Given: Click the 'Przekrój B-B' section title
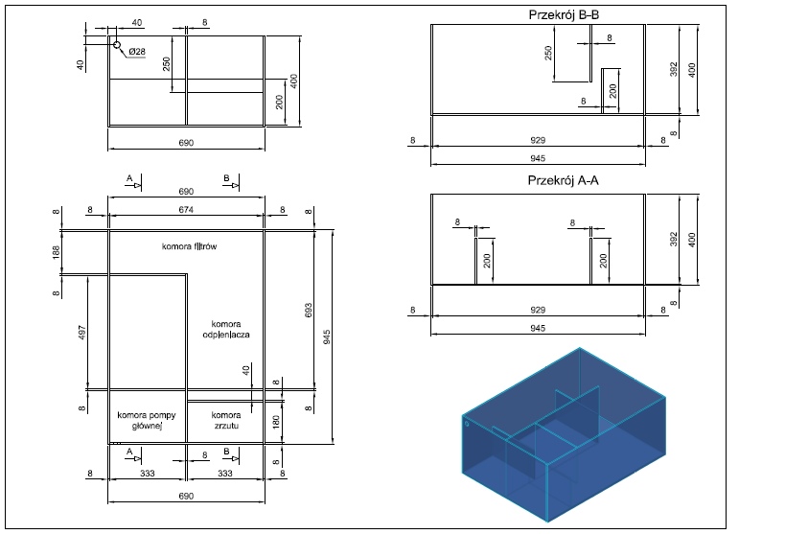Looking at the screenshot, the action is pos(564,15).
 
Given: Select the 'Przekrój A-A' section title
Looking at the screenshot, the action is pos(564,180).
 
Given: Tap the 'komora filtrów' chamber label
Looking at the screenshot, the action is pos(189,246).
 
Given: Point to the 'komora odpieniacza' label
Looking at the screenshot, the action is pos(226,329).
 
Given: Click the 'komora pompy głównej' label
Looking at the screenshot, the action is pos(147,421).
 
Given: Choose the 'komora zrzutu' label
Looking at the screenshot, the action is pos(226,420).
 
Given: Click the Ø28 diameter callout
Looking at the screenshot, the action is pos(137,52).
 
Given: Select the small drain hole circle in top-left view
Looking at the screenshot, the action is pos(117,45).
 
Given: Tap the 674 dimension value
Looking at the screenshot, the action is pos(186,210).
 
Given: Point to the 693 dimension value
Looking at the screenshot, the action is pos(309,310).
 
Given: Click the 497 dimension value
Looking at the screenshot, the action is pos(82,333).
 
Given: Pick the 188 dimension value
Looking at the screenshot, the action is pos(56,251).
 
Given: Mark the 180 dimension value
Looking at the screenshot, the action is pos(276,422).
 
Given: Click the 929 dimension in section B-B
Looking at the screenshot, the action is pos(538,141).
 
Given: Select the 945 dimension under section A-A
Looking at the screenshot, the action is pos(538,329).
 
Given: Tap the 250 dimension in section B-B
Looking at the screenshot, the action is pos(548,53).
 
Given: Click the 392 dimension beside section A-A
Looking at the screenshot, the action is pos(674,239).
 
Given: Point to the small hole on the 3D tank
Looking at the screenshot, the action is pos(467,425).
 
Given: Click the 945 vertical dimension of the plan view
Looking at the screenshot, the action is pos(327,337).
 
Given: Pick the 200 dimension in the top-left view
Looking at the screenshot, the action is pos(279,102).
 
